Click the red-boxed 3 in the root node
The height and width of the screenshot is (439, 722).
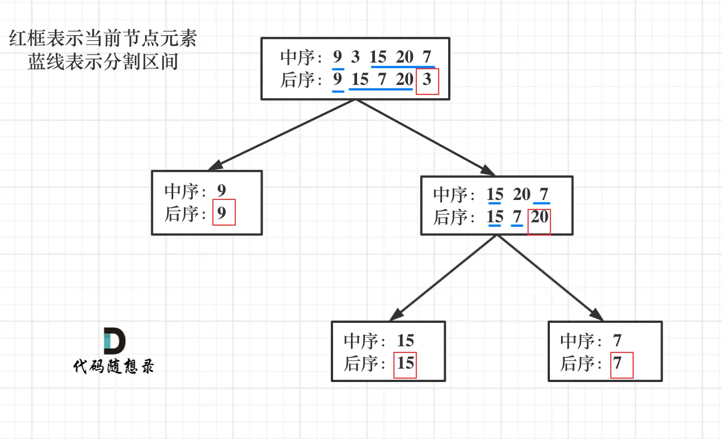[x=427, y=80]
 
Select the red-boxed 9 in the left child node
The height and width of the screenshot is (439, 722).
[x=223, y=213]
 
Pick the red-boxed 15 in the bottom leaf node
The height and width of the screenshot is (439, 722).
[x=406, y=364]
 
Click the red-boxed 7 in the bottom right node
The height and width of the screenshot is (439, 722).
[x=618, y=364]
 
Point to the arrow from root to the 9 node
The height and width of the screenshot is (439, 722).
[x=283, y=135]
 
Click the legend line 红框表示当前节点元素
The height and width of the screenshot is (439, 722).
[x=103, y=40]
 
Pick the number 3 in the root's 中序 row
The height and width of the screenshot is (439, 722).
[x=355, y=57]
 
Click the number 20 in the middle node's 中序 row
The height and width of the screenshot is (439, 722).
[x=521, y=195]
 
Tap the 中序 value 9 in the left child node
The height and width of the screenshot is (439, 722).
[x=222, y=190]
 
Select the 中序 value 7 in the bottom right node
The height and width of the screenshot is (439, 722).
[x=617, y=341]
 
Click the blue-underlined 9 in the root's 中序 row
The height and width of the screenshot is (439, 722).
[x=338, y=57]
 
